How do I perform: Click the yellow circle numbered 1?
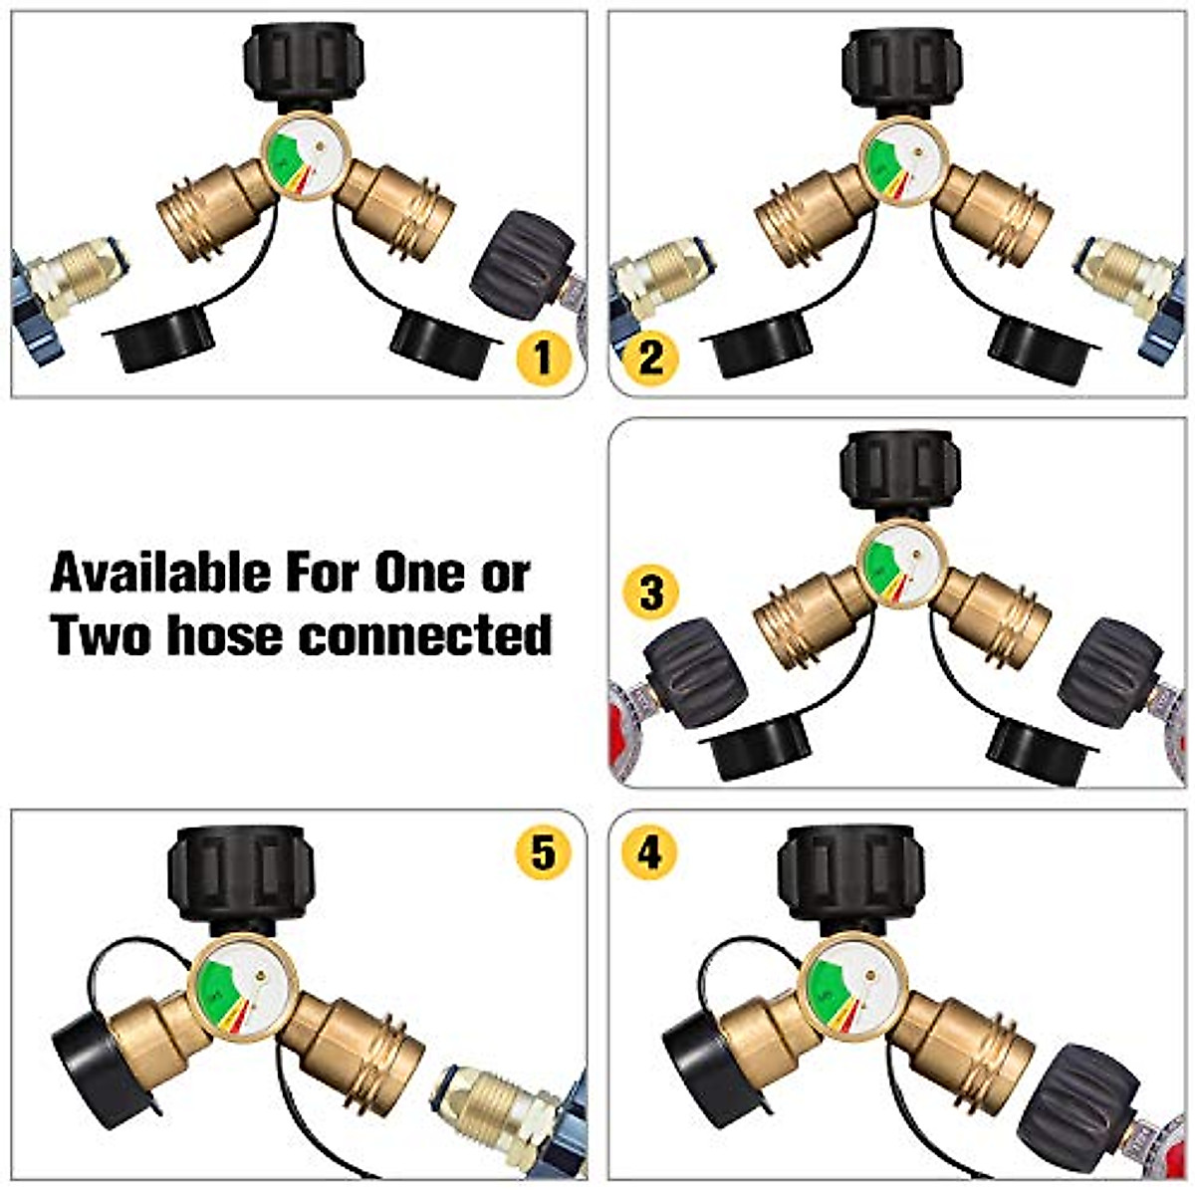coord(542,356)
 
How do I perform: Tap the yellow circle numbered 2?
coord(651,356)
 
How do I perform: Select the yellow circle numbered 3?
coord(651,594)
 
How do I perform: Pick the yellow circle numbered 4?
coord(649,853)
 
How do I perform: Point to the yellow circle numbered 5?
coord(542,853)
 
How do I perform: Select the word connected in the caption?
coord(427,634)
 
